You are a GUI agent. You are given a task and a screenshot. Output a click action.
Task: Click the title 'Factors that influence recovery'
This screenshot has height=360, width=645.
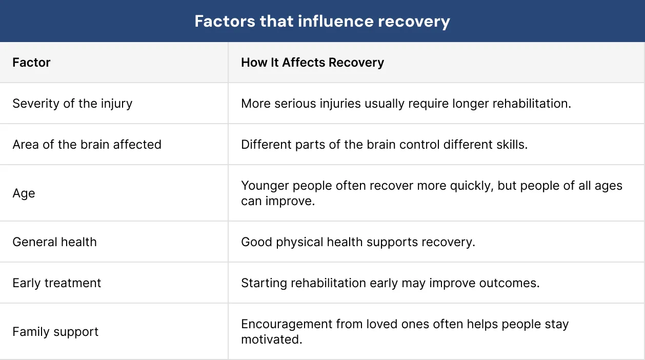[x=322, y=22]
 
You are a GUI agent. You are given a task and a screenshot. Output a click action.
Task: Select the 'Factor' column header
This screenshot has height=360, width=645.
[x=31, y=63]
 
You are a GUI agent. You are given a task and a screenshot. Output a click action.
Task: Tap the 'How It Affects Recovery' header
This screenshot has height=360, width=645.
[x=312, y=63]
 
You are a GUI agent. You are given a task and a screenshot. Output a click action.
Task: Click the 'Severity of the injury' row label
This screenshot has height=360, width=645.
[x=72, y=104]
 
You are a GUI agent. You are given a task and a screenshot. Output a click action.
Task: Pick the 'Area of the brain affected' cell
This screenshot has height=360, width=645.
[x=87, y=145]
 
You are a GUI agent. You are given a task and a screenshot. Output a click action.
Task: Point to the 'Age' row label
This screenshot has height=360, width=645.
[x=24, y=193]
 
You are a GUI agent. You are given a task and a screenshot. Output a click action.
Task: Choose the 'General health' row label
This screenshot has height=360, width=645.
[x=54, y=242]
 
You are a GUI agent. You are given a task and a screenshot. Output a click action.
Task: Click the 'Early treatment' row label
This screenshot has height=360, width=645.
[x=57, y=283]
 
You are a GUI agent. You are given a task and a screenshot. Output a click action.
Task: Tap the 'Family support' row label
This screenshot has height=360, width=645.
[x=55, y=332]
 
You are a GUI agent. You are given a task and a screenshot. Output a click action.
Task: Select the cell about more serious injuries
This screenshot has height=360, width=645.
[x=406, y=104]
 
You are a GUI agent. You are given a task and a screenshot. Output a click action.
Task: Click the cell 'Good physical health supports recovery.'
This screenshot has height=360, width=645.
[x=358, y=242]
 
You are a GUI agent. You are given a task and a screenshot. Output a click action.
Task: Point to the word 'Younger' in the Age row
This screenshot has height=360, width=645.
[x=265, y=186]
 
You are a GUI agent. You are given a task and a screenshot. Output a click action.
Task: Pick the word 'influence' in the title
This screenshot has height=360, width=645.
[x=335, y=22]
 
